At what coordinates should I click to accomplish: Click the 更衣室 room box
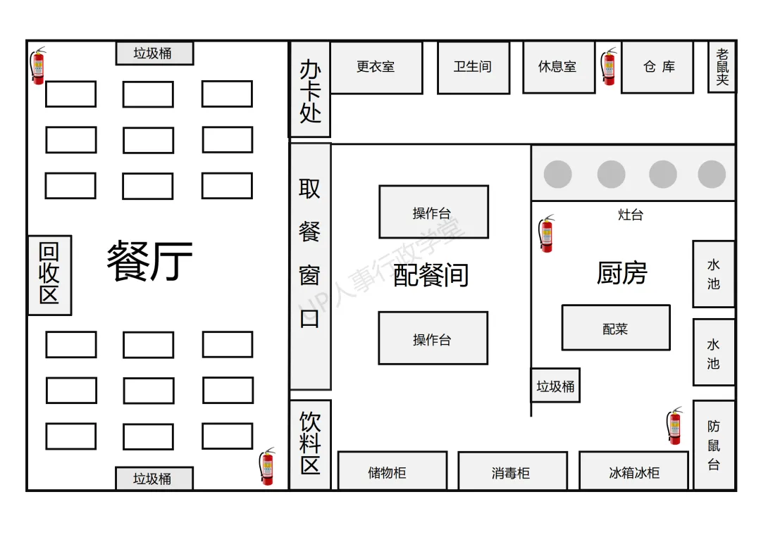376,68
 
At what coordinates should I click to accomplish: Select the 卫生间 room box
473,68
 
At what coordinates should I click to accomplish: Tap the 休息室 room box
558,68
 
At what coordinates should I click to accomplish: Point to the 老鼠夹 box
722,68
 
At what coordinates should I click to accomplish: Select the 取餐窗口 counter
310,266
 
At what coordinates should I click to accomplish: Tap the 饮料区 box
310,444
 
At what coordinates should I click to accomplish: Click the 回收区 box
49,274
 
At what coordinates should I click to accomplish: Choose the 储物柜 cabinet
392,471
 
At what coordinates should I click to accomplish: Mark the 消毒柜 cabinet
512,471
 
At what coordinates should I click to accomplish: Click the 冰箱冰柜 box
633,471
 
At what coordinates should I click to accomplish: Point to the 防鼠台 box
714,445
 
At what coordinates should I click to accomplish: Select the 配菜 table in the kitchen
615,327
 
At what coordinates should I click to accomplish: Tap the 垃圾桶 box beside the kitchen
555,386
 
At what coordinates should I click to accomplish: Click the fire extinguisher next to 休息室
608,67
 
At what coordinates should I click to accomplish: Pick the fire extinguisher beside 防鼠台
675,426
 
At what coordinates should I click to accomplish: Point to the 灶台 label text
630,215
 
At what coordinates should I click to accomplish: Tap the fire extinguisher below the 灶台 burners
546,234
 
